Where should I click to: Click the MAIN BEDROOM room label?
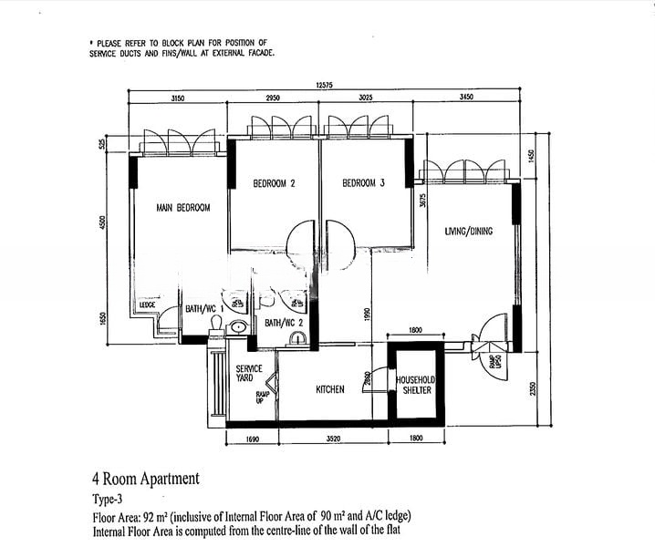(182, 208)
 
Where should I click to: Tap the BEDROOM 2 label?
(274, 183)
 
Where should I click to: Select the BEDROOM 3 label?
(363, 183)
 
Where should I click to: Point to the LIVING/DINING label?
(468, 232)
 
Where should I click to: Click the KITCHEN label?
(330, 390)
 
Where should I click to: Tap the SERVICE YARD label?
(249, 374)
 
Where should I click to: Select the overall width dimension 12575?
(326, 84)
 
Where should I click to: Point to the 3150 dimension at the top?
(178, 98)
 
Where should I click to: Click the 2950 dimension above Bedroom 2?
(273, 98)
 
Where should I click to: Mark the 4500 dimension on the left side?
(104, 223)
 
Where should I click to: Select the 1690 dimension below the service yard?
(253, 439)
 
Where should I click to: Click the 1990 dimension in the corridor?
(368, 314)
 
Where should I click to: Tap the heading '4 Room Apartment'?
(145, 479)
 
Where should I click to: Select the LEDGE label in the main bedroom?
(147, 305)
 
